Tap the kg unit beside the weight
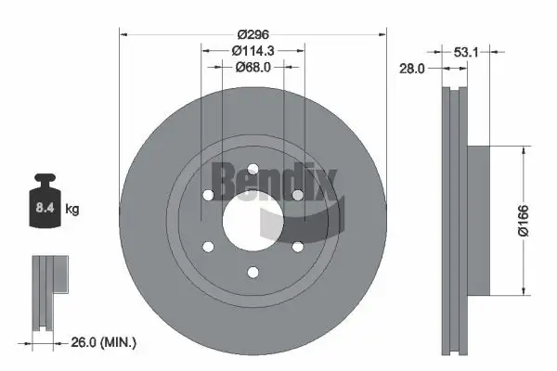click(x=73, y=210)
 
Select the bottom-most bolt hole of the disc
click(x=253, y=273)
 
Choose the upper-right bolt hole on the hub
click(x=297, y=195)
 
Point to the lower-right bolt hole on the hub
click(x=297, y=246)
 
